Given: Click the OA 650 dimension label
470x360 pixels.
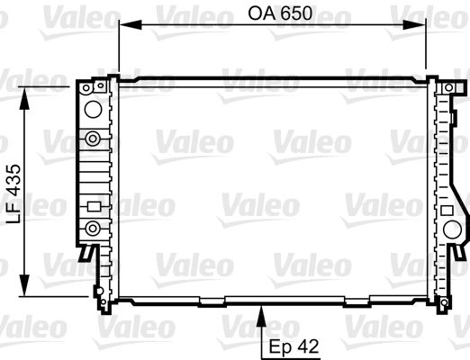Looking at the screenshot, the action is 280,13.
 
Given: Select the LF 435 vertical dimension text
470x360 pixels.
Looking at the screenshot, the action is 14,193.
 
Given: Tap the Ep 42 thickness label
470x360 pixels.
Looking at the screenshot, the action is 294,346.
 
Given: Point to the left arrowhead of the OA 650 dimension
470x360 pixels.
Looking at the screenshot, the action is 131,24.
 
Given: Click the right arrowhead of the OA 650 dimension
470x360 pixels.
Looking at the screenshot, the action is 414,24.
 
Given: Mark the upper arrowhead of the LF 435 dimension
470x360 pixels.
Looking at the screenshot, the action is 24,98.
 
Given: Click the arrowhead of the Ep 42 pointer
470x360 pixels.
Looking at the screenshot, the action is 262,316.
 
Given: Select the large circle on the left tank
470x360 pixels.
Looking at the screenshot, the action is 93,109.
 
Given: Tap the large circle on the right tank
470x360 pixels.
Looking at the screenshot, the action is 452,230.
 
